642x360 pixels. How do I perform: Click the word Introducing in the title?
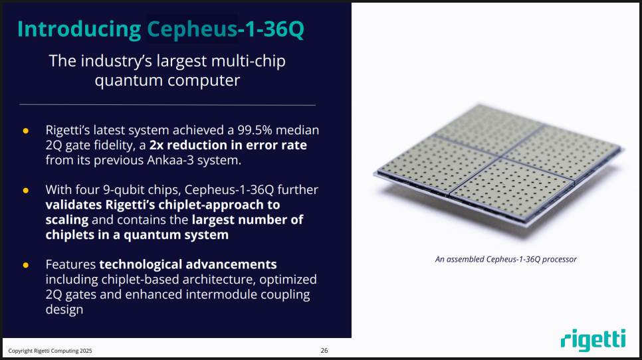pos(79,29)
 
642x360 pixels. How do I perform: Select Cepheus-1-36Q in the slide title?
pos(225,29)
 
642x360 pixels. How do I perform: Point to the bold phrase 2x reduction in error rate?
pos(228,145)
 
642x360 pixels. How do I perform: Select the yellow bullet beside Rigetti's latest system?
pos(26,131)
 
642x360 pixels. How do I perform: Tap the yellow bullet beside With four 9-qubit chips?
pos(26,191)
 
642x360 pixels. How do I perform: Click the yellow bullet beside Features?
pos(26,265)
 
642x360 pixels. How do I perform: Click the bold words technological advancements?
pos(188,264)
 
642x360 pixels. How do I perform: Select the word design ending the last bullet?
pos(64,310)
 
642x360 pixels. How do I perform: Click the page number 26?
pos(324,351)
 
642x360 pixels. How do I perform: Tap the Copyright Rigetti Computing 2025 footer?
pos(50,351)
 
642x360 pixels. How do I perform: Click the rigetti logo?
pos(593,340)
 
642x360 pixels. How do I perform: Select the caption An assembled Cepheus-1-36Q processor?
pos(506,259)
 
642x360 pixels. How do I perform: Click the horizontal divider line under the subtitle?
pos(167,105)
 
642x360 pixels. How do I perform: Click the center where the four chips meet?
pos(500,157)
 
